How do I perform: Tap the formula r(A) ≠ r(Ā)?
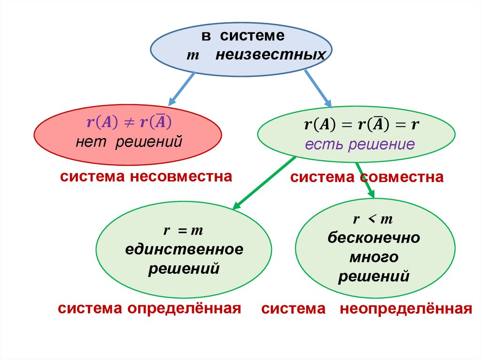pos(129,123)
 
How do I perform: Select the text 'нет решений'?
pos(129,141)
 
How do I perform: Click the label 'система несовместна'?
pos(146,177)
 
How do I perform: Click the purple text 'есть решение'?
pos(360,144)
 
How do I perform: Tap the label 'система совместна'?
pos(366,177)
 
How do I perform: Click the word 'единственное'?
pos(184,249)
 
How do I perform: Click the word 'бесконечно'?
pos(374,237)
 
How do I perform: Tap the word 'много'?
pos(374,257)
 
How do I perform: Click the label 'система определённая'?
pos(149,308)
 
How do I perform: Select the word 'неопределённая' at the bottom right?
pos(406,309)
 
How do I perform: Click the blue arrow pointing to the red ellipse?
pos(182,88)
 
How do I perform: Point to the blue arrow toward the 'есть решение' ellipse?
pos(318,89)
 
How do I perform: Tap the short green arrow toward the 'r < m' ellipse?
pos(365,179)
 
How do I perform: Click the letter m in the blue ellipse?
pos(193,56)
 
